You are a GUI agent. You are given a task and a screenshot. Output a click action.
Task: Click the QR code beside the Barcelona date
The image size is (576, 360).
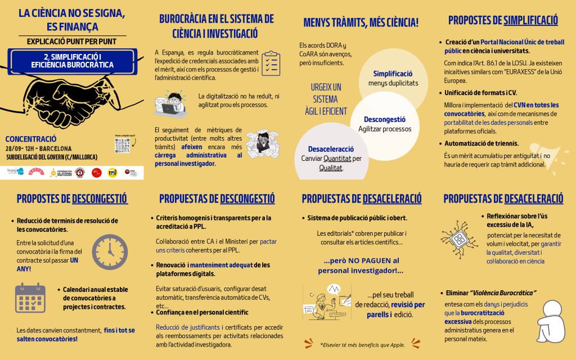(122, 146)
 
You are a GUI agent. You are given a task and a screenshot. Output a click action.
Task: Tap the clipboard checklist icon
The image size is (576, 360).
(271, 64)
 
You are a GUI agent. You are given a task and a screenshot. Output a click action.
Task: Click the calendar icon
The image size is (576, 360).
(30, 298)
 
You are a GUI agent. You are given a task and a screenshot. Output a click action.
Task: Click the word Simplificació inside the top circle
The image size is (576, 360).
(393, 74)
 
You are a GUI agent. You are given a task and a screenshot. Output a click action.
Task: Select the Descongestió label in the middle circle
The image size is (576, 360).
(384, 119)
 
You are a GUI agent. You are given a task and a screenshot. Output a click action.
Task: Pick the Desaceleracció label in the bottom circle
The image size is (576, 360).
(331, 149)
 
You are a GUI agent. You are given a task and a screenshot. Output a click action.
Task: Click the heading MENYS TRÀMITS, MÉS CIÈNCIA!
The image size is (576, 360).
(361, 23)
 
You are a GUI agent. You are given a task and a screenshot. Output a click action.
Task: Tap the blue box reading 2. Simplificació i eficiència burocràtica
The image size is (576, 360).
(72, 61)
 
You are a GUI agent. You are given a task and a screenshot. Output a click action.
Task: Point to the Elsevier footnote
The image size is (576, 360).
(362, 345)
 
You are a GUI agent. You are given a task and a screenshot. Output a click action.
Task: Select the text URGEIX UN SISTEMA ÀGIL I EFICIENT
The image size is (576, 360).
(326, 99)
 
